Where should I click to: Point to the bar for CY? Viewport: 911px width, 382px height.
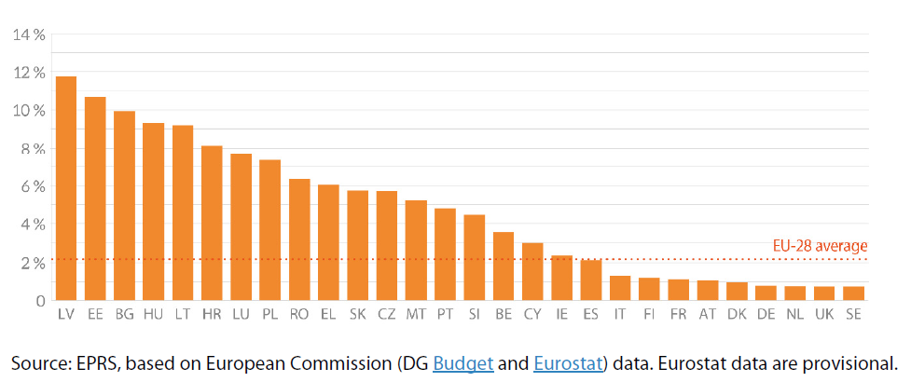(532, 272)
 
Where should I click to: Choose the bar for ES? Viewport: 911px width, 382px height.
(591, 280)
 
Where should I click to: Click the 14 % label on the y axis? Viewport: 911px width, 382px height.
(28, 35)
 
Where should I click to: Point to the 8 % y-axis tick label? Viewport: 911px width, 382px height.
(30, 149)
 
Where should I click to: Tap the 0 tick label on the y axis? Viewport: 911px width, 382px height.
(39, 301)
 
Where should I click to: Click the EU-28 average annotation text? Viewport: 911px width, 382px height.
(820, 246)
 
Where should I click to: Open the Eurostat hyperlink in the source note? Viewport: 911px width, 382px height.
(567, 362)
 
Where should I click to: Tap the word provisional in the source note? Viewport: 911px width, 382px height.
(848, 362)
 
